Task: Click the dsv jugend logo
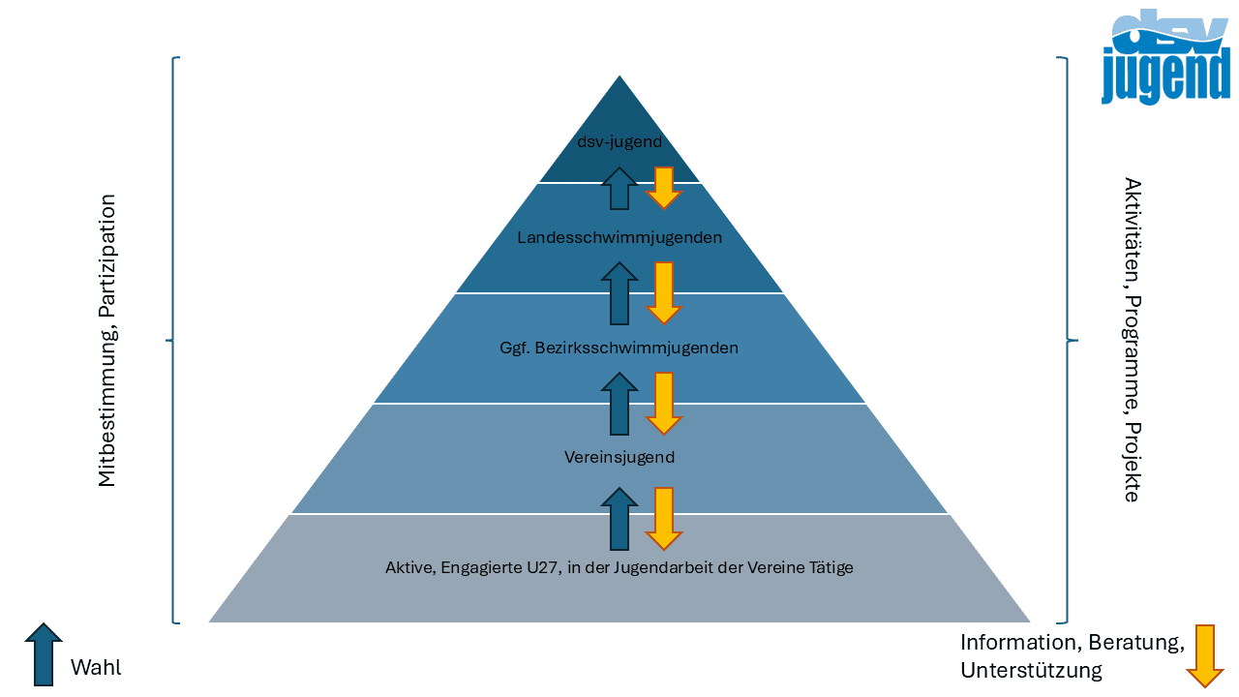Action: click(1165, 58)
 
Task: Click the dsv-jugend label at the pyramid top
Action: click(619, 142)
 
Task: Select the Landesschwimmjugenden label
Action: click(619, 237)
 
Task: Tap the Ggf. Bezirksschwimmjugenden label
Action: click(619, 348)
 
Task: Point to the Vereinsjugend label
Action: click(619, 457)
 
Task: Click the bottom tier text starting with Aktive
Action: click(619, 567)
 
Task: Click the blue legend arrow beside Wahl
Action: click(44, 654)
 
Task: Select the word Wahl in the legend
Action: click(96, 668)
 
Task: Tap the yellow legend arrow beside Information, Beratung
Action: click(1205, 655)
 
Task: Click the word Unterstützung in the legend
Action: click(1031, 670)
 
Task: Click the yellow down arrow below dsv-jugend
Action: click(664, 188)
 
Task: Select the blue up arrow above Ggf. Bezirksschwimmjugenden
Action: click(619, 292)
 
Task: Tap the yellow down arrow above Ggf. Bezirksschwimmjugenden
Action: click(664, 292)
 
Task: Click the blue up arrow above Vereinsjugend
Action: click(619, 404)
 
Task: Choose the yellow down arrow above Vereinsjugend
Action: click(664, 404)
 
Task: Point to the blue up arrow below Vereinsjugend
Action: click(619, 518)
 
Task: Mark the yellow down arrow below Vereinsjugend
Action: click(664, 518)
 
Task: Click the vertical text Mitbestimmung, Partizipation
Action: click(107, 341)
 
